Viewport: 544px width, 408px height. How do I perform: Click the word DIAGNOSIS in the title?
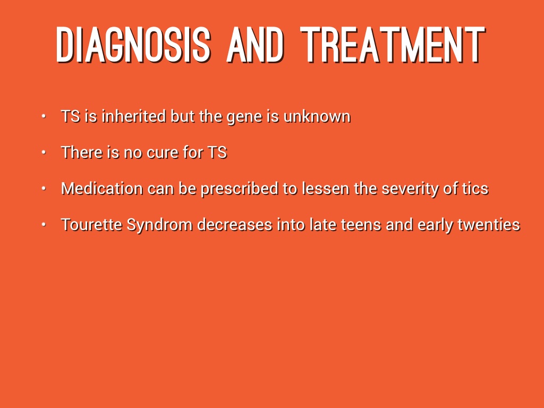[133, 45]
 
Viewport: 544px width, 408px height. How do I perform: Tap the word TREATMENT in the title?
[393, 45]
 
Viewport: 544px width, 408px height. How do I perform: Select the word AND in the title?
[256, 45]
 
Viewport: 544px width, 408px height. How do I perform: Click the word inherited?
[133, 116]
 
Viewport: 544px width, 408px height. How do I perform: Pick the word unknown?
[317, 116]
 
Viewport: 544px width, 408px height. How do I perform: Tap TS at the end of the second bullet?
[217, 152]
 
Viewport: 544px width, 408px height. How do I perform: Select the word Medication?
[101, 189]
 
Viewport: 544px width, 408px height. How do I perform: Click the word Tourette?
[91, 225]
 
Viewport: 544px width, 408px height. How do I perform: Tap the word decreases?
[234, 225]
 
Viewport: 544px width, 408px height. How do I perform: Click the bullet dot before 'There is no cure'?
[44, 152]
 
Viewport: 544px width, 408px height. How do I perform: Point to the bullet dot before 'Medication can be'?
[44, 188]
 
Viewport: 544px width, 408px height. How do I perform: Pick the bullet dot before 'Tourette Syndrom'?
[44, 224]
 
